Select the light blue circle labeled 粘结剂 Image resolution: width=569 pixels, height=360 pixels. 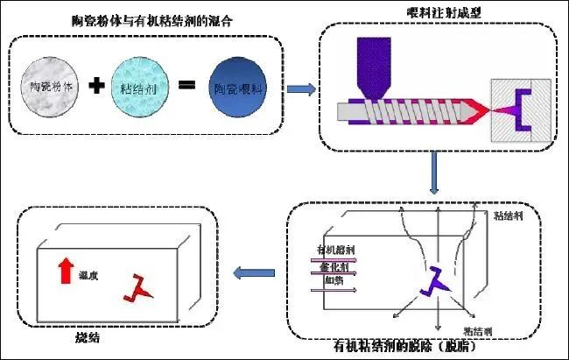138,88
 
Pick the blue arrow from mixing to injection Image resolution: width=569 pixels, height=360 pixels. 300,88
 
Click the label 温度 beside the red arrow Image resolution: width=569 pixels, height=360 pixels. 88,274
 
